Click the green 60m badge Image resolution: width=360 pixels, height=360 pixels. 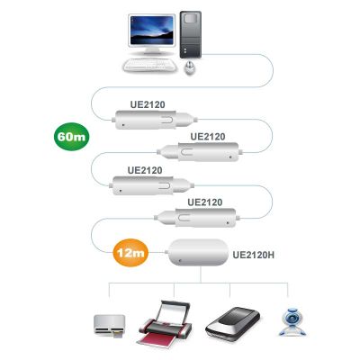coord(71,137)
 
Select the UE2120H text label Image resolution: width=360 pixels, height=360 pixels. coord(254,255)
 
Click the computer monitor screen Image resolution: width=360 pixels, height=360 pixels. coord(152,30)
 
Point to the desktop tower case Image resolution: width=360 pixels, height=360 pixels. coord(191,34)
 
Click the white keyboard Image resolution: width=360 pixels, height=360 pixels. coord(150,65)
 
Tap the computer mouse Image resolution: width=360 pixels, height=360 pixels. coord(190,67)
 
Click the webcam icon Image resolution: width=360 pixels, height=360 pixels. coord(292,321)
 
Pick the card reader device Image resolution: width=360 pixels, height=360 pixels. coord(109,326)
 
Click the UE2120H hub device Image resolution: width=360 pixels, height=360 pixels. coord(198,252)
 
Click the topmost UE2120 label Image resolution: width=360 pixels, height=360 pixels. coord(148,104)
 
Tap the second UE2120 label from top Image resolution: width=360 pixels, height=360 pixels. coord(208,137)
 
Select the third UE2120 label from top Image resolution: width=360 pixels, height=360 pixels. coord(145,170)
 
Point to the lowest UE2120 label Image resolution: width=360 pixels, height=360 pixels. coord(205,202)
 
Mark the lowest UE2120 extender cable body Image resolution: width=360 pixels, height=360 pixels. coord(196,217)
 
